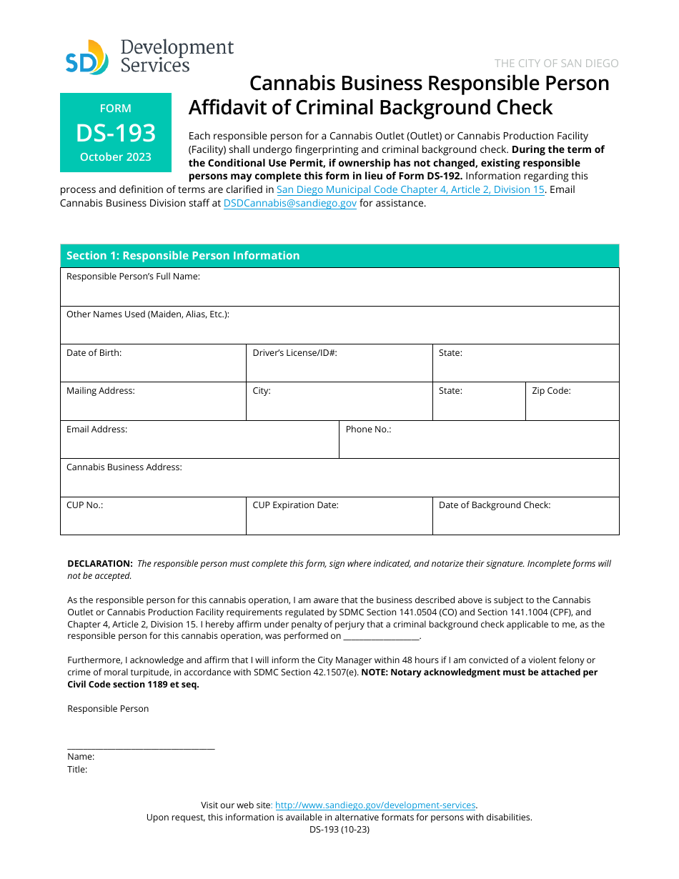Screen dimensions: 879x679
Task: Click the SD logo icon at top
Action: (86, 59)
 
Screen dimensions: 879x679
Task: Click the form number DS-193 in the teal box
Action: (116, 133)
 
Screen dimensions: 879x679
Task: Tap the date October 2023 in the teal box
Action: (116, 157)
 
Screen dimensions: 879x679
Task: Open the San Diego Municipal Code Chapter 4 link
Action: (410, 189)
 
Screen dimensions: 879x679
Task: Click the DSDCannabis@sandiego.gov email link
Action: (289, 203)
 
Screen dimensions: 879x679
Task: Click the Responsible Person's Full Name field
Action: (339, 292)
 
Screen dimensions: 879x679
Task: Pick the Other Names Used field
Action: (339, 329)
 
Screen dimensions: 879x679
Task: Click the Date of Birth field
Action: (153, 367)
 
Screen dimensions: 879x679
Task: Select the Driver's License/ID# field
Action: (339, 367)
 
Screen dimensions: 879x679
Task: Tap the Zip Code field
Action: (572, 406)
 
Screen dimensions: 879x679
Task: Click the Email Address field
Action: (199, 444)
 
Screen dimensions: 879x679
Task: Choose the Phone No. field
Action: (478, 444)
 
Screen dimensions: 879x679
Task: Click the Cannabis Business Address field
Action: (339, 482)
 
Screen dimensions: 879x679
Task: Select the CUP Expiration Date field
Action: (339, 520)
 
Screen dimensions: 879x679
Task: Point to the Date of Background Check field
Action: (525, 520)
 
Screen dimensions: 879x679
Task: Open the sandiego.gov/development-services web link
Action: (375, 805)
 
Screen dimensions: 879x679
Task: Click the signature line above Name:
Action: (141, 747)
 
